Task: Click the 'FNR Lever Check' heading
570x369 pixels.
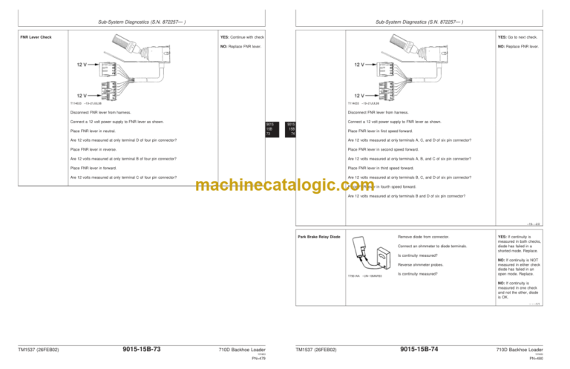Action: [x=36, y=37]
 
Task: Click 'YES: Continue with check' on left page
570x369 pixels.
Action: [x=243, y=37]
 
